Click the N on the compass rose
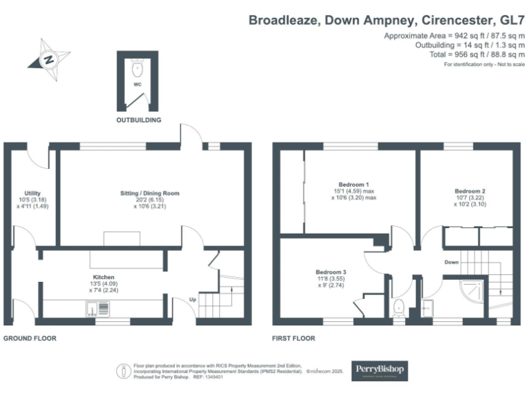point(49,59)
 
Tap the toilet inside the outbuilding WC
point(138,68)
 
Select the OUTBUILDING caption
point(138,120)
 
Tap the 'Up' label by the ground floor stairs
point(193,298)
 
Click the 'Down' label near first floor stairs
point(451,262)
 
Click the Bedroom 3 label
point(331,272)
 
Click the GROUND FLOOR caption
point(30,338)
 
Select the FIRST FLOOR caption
point(293,338)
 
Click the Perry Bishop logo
point(380,371)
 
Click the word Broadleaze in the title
point(283,20)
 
